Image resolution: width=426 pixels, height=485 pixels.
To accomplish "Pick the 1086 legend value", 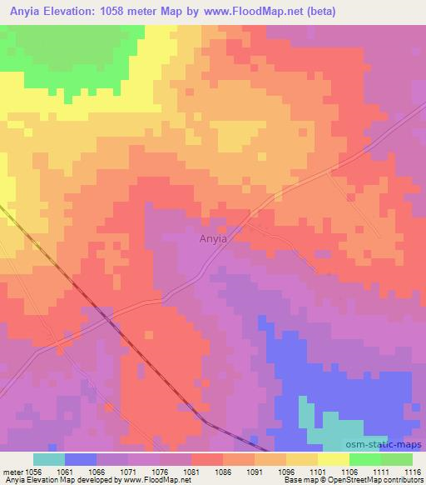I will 223,472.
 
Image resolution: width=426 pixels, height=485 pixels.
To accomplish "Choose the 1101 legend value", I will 318,472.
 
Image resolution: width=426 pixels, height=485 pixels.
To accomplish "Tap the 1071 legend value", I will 128,472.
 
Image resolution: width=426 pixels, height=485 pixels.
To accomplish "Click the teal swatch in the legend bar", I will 49,459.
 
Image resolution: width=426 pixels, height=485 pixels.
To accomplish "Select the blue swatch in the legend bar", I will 81,459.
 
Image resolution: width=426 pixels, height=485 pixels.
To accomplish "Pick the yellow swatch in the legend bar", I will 334,459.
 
